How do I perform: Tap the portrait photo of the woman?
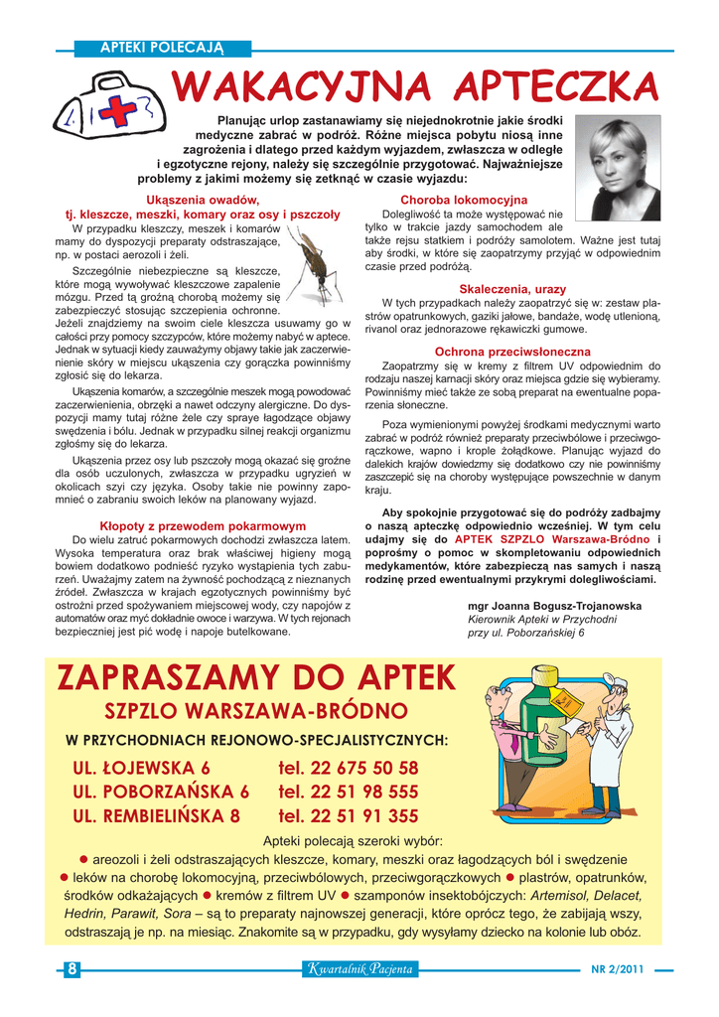pos(618,168)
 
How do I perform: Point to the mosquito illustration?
pos(317,263)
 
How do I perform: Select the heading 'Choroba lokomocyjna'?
pos(464,200)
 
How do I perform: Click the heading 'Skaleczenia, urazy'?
pos(512,289)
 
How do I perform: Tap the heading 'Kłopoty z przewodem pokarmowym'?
pos(203,525)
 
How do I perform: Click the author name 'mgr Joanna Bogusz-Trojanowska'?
pos(554,606)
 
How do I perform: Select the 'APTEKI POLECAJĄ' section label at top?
pos(163,48)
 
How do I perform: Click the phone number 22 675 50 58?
pos(349,768)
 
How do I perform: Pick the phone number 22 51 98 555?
pos(349,792)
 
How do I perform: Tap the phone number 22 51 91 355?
pos(349,816)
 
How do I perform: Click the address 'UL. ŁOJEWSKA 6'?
pos(142,768)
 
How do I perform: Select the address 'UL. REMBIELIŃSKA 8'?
pos(157,816)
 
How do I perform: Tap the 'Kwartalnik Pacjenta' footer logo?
pos(359,969)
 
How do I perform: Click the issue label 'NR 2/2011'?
pos(618,969)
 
